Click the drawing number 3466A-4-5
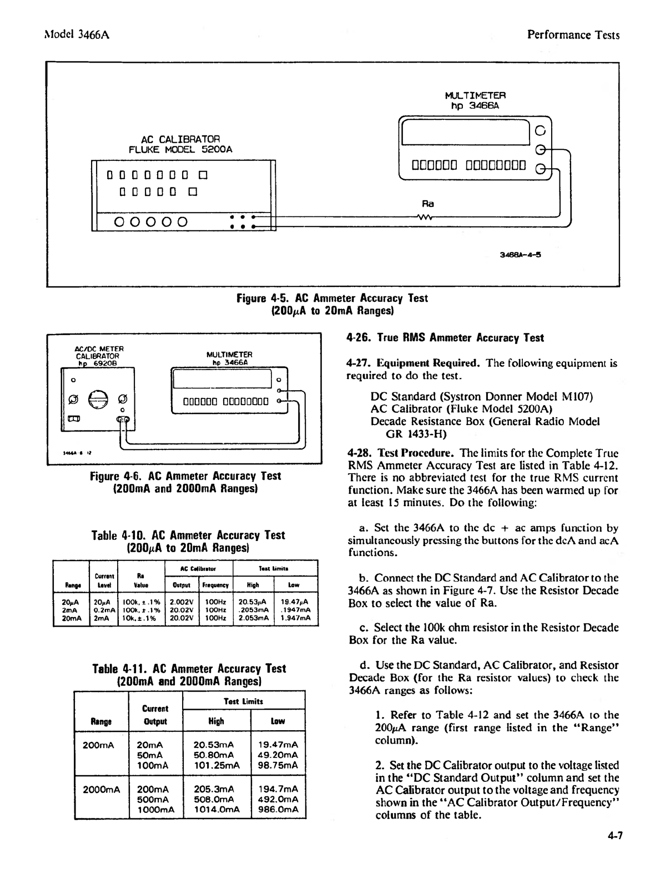click(520, 256)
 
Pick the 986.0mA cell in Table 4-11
click(278, 809)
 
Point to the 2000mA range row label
click(101, 789)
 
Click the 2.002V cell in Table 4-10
click(181, 601)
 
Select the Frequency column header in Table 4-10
click(215, 584)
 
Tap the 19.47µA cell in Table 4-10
click(295, 601)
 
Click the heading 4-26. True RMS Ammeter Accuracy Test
click(445, 338)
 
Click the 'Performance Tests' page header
click(573, 35)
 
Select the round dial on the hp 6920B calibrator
click(97, 399)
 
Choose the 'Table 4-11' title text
click(189, 669)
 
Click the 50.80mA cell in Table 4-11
click(213, 755)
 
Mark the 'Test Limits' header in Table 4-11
click(244, 701)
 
